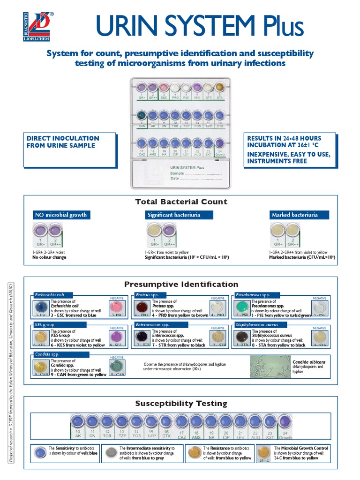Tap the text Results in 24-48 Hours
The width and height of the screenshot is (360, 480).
click(x=285, y=138)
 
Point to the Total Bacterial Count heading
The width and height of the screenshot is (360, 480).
click(x=181, y=202)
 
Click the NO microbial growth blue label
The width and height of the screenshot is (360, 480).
click(x=60, y=215)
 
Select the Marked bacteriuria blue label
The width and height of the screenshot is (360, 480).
click(x=294, y=215)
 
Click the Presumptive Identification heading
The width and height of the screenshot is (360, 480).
click(x=181, y=284)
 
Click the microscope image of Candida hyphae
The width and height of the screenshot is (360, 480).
click(x=270, y=366)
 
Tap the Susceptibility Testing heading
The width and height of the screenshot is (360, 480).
click(x=181, y=403)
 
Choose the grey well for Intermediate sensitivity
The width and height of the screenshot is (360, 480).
click(x=111, y=452)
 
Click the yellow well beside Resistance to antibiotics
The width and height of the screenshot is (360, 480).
click(x=194, y=452)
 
